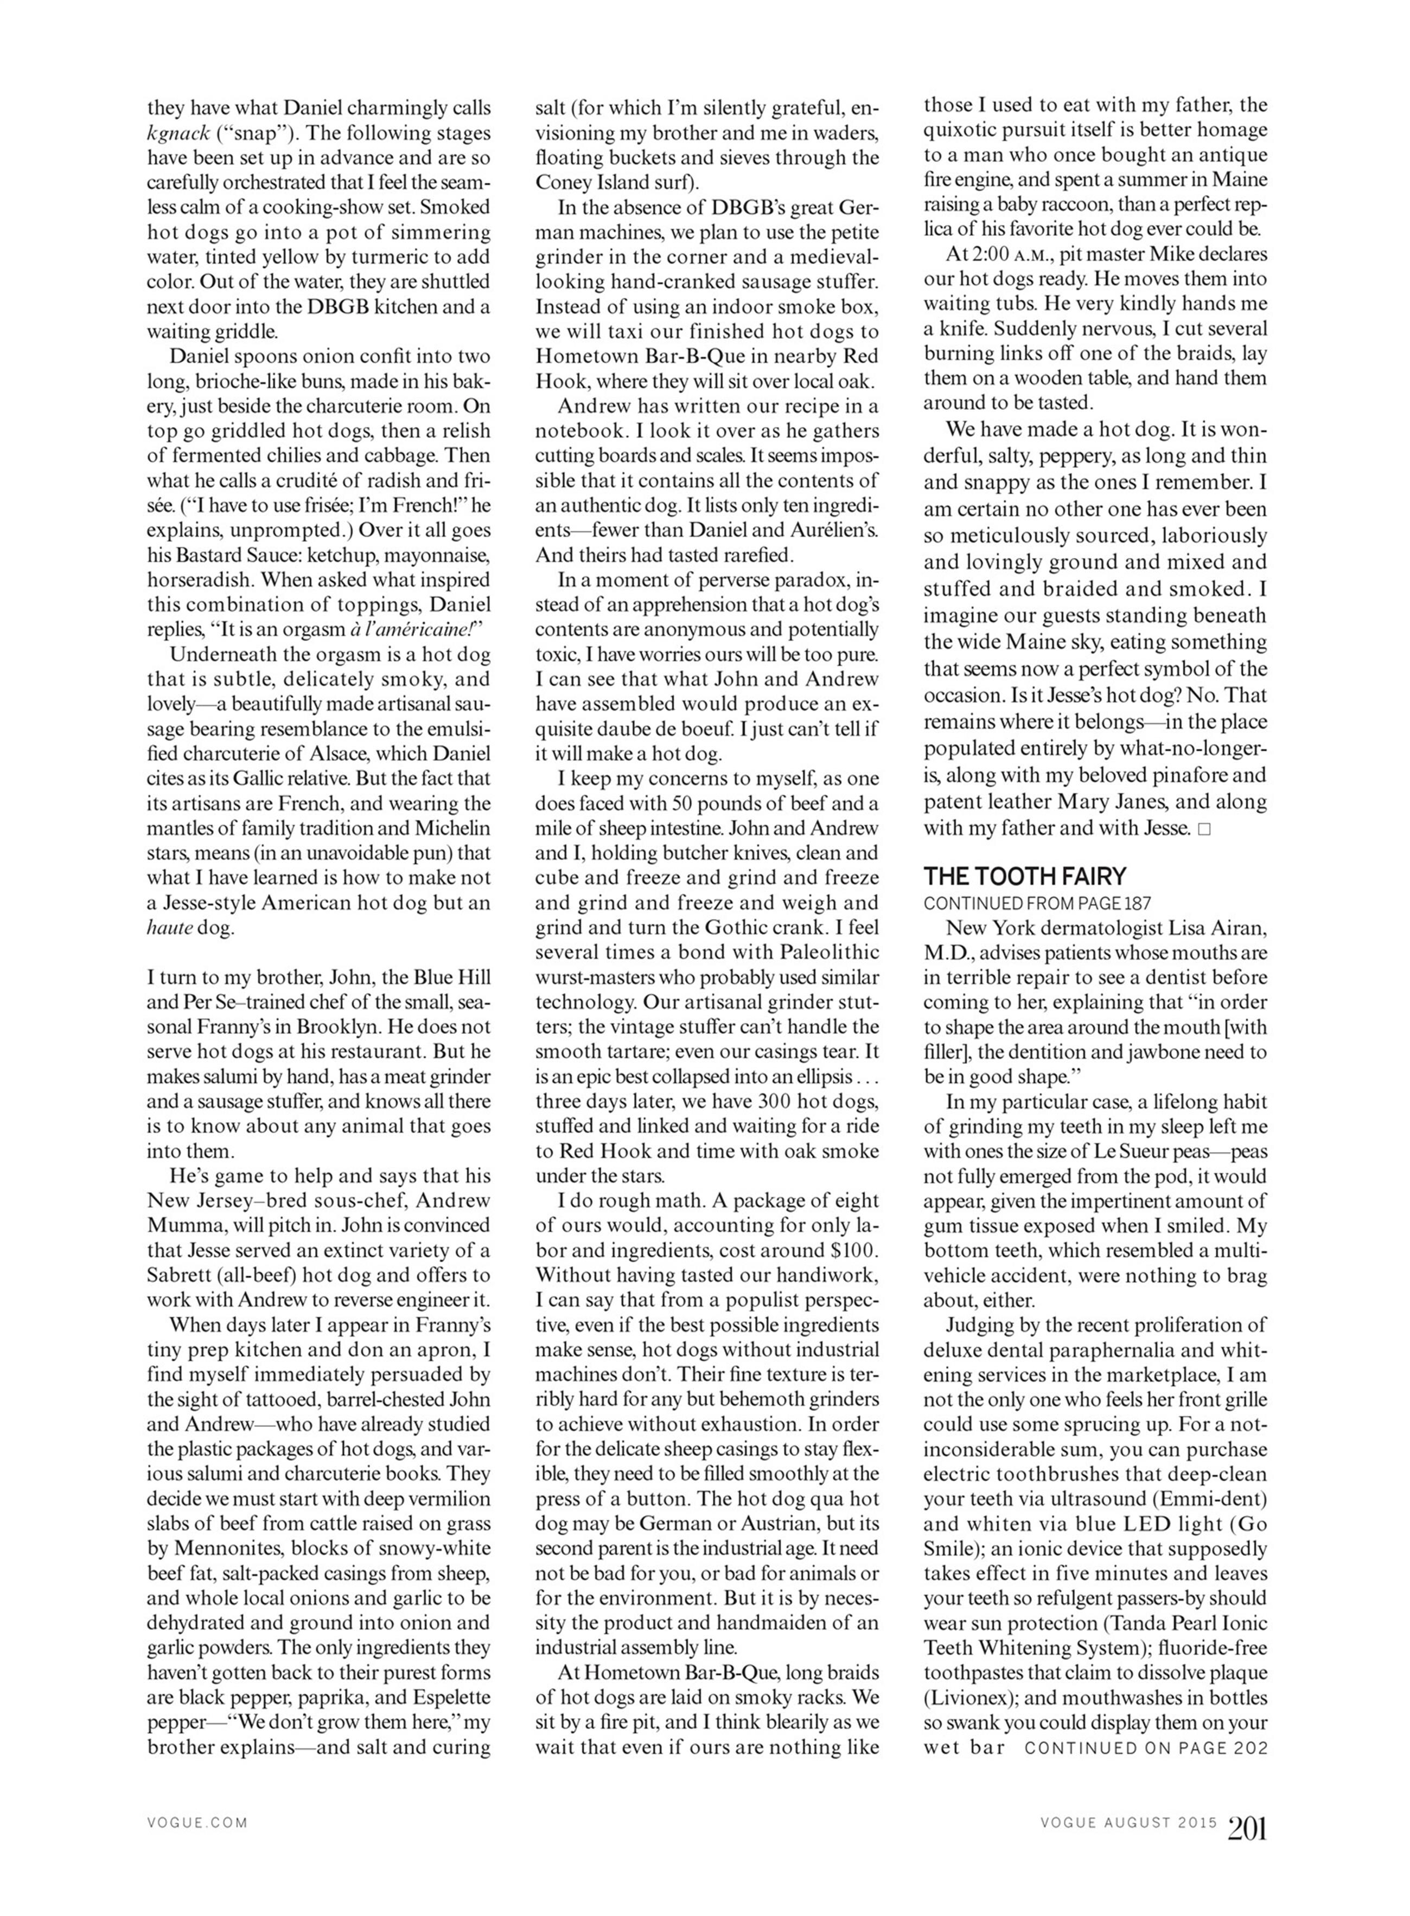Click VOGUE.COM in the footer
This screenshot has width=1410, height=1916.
click(x=197, y=1823)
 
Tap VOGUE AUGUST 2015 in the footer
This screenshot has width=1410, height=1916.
click(x=1128, y=1823)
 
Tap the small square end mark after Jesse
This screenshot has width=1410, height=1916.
click(x=1203, y=829)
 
